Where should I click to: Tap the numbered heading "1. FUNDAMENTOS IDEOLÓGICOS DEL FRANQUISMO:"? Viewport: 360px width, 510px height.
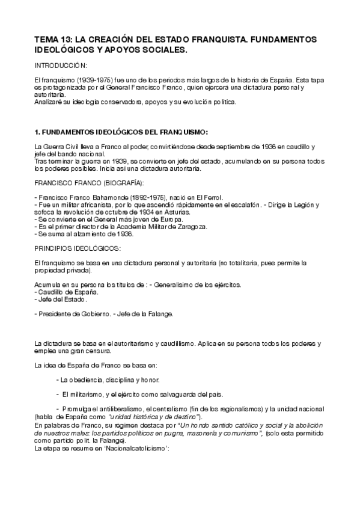pyautogui.click(x=121, y=132)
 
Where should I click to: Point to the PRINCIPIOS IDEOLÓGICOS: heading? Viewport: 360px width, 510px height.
pyautogui.click(x=77, y=248)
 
